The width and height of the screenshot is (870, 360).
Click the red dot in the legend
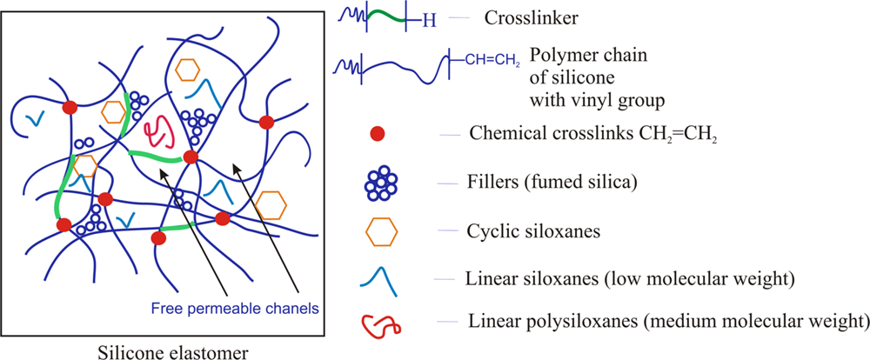click(376, 134)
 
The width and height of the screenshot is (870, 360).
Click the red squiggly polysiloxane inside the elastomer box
click(160, 132)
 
